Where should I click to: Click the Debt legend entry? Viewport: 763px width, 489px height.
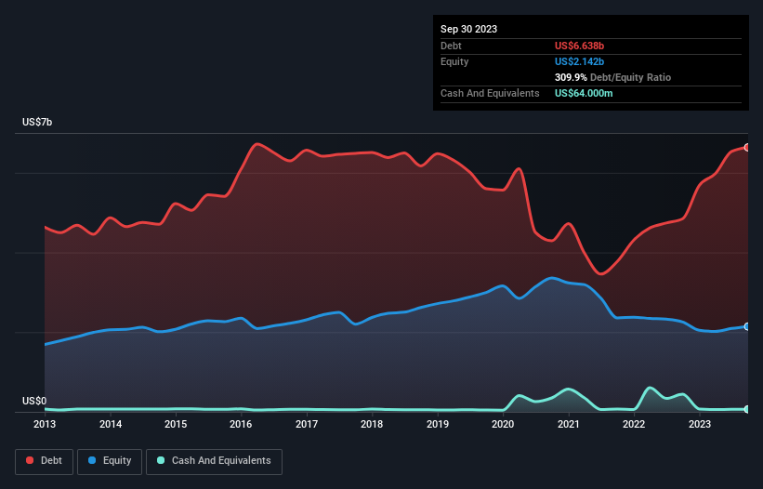point(46,460)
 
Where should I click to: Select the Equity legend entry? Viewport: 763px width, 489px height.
point(109,460)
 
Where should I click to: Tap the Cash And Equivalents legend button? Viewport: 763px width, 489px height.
point(214,460)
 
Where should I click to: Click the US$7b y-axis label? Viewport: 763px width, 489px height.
point(40,123)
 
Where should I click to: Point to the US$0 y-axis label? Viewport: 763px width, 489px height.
point(36,401)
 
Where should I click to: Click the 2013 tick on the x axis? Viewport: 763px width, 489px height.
point(45,425)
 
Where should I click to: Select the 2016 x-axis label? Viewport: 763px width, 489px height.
point(241,425)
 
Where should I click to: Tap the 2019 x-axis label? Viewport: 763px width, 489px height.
point(437,425)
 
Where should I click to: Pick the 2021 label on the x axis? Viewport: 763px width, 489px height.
point(568,425)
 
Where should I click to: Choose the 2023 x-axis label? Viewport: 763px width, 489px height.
point(699,425)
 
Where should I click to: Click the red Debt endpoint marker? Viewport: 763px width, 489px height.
point(746,147)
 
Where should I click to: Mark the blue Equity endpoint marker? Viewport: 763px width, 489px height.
point(746,326)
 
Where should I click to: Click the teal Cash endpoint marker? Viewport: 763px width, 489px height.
point(746,409)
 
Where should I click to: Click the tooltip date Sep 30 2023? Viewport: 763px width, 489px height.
point(468,29)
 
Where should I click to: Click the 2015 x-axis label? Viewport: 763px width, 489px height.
point(176,425)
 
